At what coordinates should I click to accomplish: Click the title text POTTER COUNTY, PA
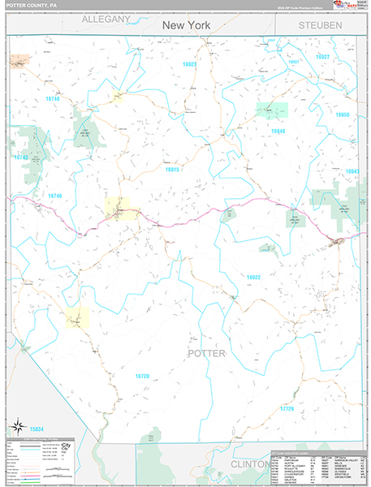click(30, 5)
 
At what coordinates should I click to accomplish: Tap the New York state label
click(186, 25)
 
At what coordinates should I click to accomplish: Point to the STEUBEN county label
click(320, 26)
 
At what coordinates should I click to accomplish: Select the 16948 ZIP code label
click(278, 130)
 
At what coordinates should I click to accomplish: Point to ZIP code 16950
click(343, 115)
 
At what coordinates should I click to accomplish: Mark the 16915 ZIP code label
click(172, 169)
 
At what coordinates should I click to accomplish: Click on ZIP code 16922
click(254, 278)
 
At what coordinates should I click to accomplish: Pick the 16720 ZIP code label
click(142, 376)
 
